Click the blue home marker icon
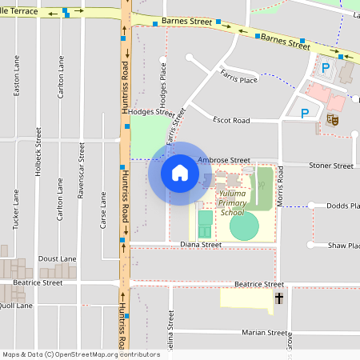pyautogui.click(x=180, y=174)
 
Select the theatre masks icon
pyautogui.click(x=331, y=119)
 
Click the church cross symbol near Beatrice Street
pyautogui.click(x=279, y=298)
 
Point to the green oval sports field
pyautogui.click(x=245, y=226)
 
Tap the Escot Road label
pyautogui.click(x=231, y=120)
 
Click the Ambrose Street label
pyautogui.click(x=224, y=160)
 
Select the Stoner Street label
pyautogui.click(x=332, y=166)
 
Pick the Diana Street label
pyautogui.click(x=200, y=245)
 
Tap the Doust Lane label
pyautogui.click(x=57, y=259)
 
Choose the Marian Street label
pyautogui.click(x=266, y=333)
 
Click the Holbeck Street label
pyautogui.click(x=38, y=152)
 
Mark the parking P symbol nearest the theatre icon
pyautogui.click(x=305, y=113)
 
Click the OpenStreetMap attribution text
pyautogui.click(x=81, y=354)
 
